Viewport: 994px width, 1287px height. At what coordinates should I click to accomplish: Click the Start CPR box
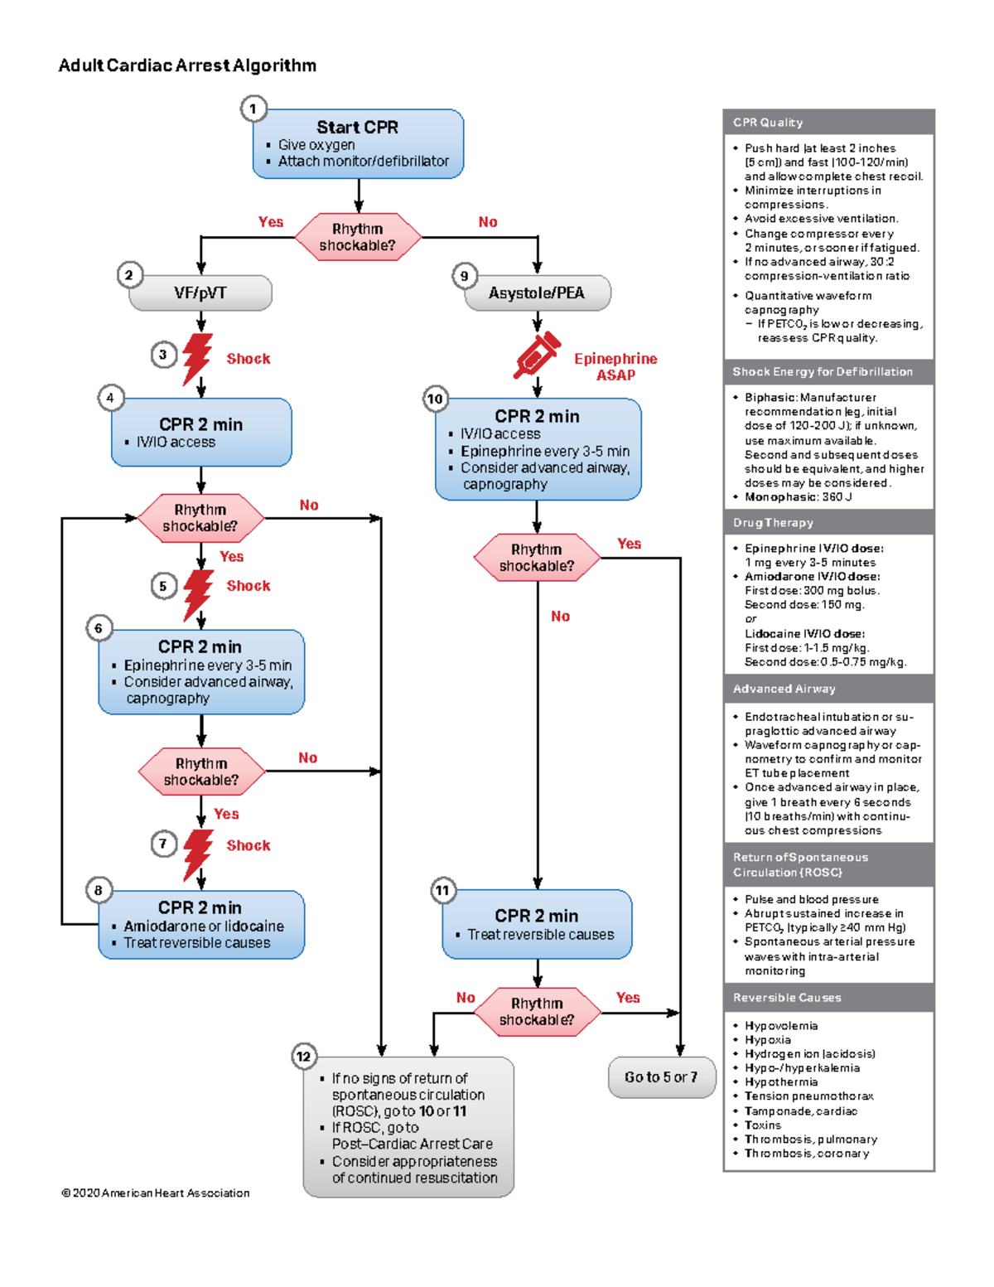(x=358, y=143)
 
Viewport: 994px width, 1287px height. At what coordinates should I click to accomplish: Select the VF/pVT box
(x=200, y=293)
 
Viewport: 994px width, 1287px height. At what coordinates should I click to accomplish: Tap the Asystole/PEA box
(x=537, y=293)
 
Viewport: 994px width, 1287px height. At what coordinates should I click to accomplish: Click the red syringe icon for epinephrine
(x=537, y=356)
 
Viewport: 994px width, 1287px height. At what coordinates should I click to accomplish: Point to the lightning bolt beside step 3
(x=197, y=358)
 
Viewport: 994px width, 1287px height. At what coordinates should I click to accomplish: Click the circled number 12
(x=303, y=1056)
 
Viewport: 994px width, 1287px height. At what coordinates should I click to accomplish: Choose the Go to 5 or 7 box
(x=661, y=1077)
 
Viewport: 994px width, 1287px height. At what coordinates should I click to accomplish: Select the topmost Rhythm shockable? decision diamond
(x=358, y=238)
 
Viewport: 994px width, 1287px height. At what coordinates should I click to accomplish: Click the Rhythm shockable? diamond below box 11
(x=537, y=1012)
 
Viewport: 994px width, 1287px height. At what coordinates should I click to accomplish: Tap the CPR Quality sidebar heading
(x=768, y=123)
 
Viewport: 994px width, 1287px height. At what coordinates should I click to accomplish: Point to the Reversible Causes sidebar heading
(x=787, y=998)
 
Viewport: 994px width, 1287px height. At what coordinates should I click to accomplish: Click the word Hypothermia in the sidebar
(x=780, y=1082)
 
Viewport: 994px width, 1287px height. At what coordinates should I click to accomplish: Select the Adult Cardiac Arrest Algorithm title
(x=187, y=65)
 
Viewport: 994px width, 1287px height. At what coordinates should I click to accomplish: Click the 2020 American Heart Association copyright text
(x=156, y=1193)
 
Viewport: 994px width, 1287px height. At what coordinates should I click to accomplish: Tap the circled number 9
(x=464, y=275)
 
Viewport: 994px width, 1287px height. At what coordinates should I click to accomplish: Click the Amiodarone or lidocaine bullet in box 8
(x=203, y=927)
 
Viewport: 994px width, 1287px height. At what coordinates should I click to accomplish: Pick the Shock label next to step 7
(x=248, y=845)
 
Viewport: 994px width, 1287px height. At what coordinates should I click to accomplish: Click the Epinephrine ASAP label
(x=615, y=366)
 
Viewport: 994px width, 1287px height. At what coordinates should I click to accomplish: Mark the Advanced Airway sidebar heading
(x=784, y=689)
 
